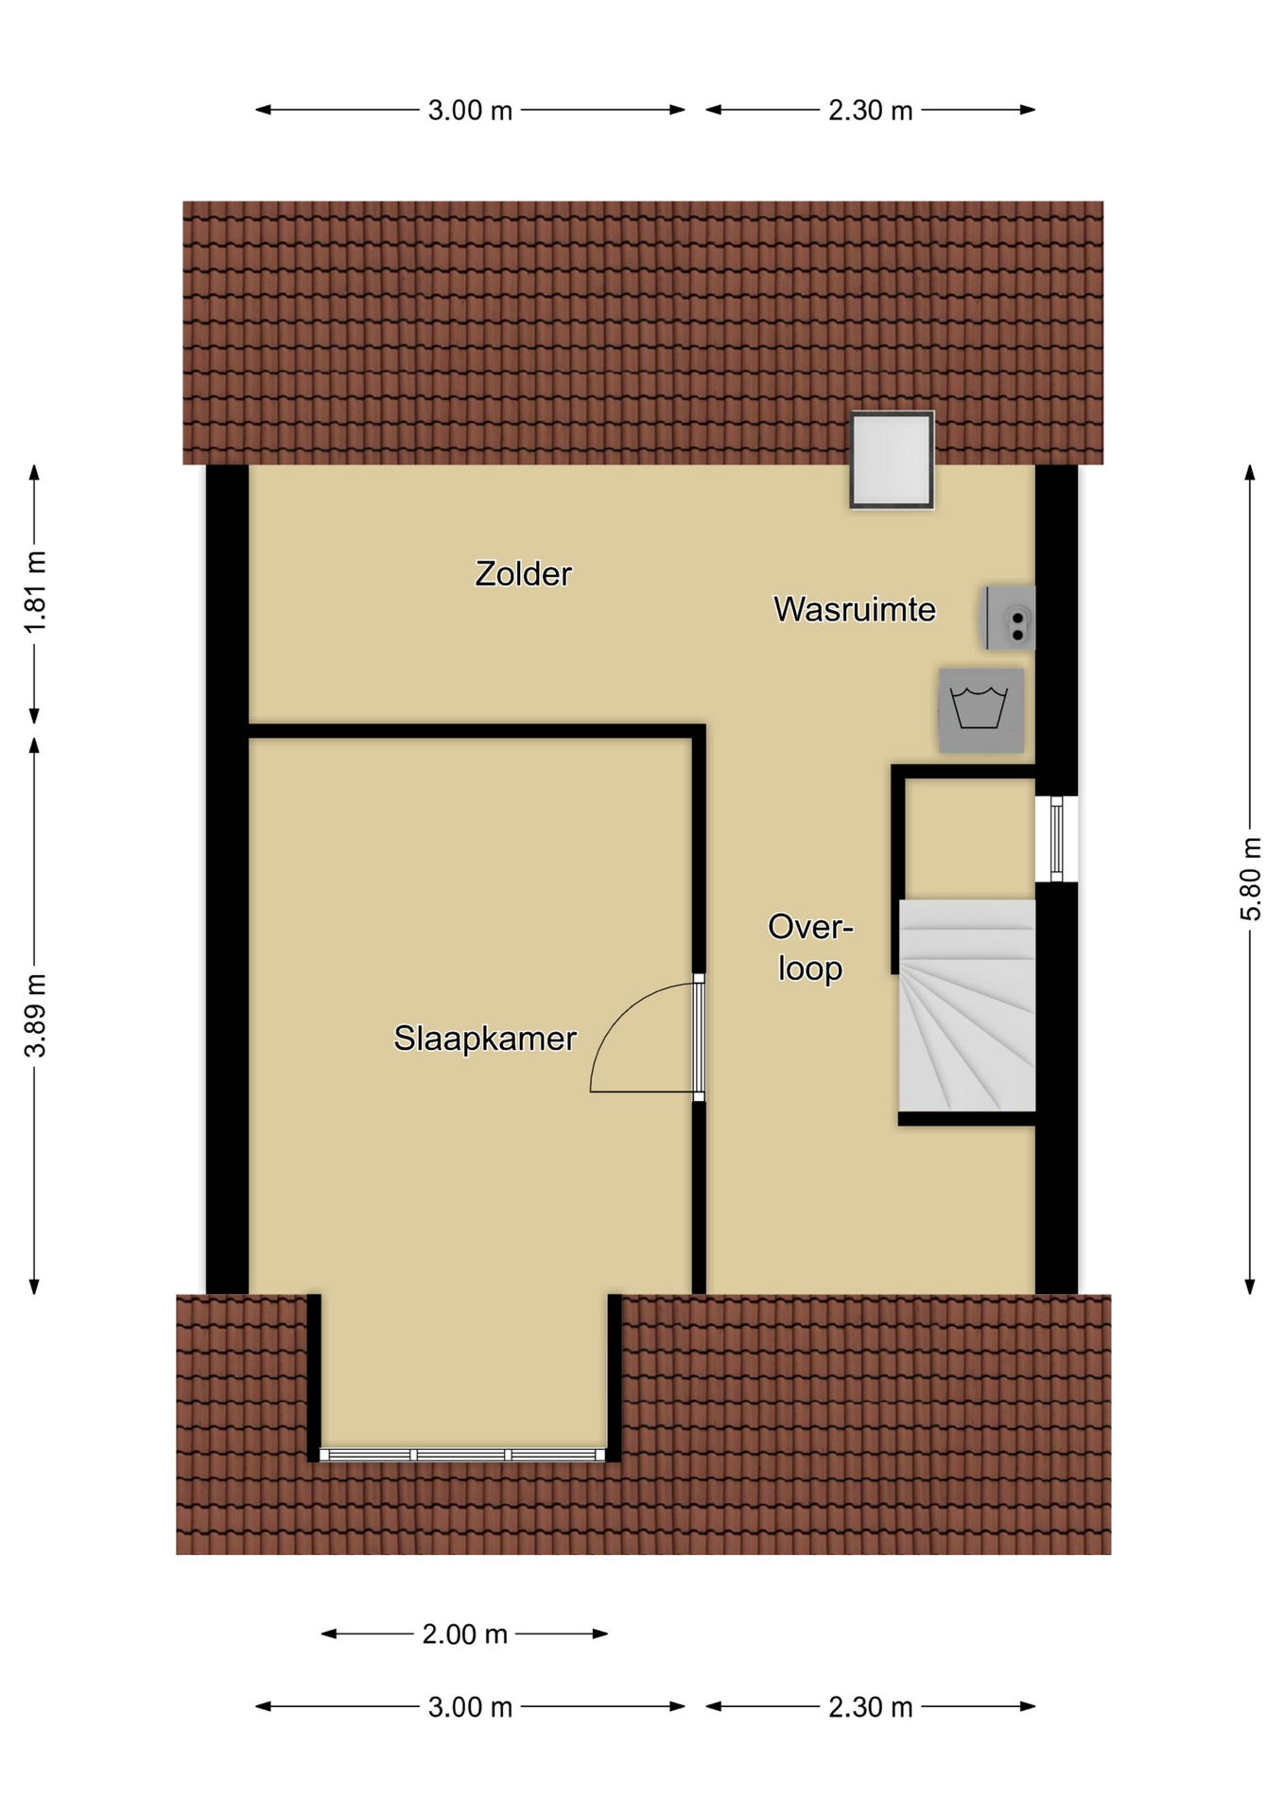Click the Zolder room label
(523, 574)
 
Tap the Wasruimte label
(855, 609)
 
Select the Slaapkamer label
(485, 1039)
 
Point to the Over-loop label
(810, 947)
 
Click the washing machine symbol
(980, 710)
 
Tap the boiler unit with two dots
(1009, 618)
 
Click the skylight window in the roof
(892, 460)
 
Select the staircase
(966, 1005)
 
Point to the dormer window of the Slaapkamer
(462, 1455)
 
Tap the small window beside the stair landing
(1056, 839)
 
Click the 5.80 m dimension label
(1251, 879)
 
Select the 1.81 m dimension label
(35, 593)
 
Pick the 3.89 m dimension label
(35, 1015)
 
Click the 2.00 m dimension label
(464, 1633)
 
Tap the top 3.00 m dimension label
(470, 111)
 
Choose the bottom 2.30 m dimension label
(871, 1707)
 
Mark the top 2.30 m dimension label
(871, 111)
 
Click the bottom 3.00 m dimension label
(470, 1707)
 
